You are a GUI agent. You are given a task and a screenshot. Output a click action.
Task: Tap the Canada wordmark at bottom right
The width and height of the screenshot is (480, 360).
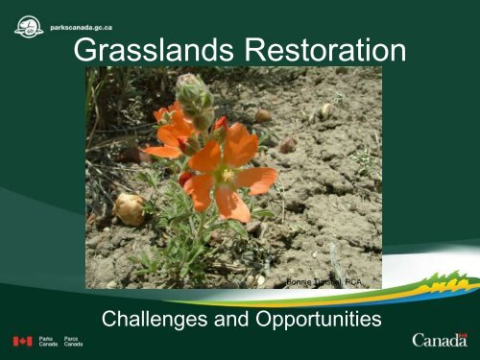tap(441, 341)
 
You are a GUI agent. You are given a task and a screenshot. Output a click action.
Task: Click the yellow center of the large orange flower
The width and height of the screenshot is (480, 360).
tap(227, 175)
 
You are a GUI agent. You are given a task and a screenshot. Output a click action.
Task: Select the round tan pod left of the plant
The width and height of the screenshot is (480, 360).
tap(130, 207)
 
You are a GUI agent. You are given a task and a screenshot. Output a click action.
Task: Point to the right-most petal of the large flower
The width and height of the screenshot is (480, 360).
tap(259, 180)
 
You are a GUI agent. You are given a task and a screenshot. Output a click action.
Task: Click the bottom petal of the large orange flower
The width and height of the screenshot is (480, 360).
tap(231, 204)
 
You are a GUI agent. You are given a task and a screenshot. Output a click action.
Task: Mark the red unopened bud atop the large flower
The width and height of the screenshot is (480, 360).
tap(221, 123)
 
